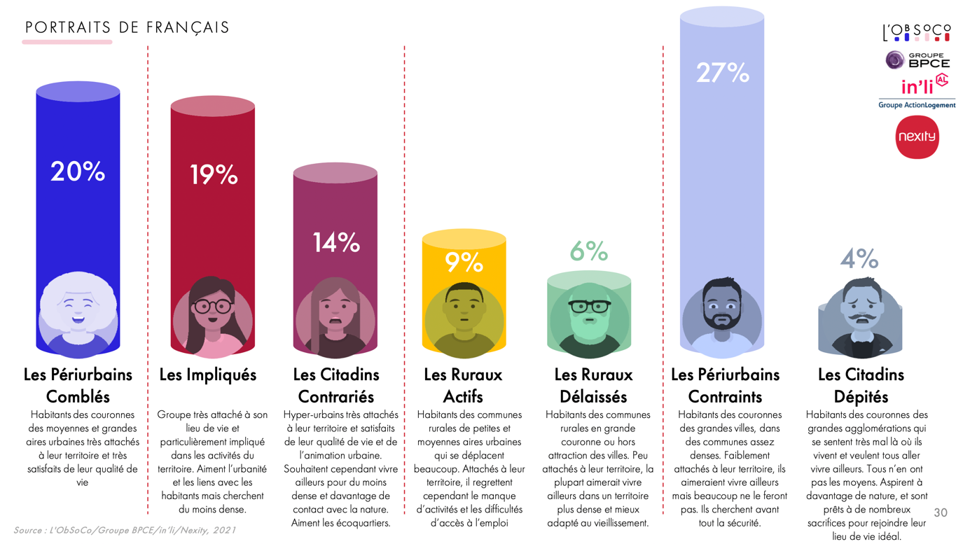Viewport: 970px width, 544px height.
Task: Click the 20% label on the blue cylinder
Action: point(78,172)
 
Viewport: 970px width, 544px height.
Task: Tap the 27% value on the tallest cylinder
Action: point(722,73)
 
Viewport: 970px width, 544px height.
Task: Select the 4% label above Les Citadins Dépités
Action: point(859,259)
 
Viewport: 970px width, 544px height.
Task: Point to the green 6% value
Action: point(588,251)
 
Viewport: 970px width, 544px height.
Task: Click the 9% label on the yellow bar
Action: point(464,263)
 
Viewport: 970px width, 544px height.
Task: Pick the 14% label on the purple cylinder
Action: point(335,242)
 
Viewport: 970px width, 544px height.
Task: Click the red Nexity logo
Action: point(917,137)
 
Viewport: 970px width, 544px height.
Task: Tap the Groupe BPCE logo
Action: point(917,60)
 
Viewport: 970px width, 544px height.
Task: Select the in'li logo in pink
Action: point(919,87)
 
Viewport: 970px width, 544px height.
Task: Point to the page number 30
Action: point(941,513)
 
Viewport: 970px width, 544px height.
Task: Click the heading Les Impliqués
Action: point(208,375)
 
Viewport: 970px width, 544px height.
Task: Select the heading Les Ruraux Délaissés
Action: point(593,386)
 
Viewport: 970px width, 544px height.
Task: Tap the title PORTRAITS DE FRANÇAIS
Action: point(127,28)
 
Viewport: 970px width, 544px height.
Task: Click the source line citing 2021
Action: point(125,530)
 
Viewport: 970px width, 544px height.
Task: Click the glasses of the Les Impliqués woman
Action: point(212,306)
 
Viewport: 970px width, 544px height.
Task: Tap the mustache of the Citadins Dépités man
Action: point(861,319)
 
